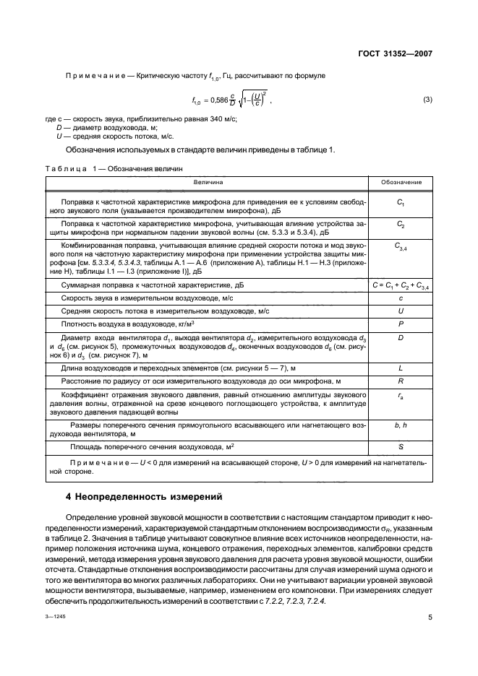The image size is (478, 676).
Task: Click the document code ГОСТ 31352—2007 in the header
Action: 396,53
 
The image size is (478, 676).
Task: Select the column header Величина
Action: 208,182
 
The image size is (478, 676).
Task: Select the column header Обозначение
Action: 401,182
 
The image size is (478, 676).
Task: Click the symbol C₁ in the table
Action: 401,204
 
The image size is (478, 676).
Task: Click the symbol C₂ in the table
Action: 401,225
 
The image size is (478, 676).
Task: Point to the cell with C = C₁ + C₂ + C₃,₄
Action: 401,286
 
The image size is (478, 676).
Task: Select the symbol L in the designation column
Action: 401,368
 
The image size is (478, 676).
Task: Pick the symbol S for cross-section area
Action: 401,448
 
